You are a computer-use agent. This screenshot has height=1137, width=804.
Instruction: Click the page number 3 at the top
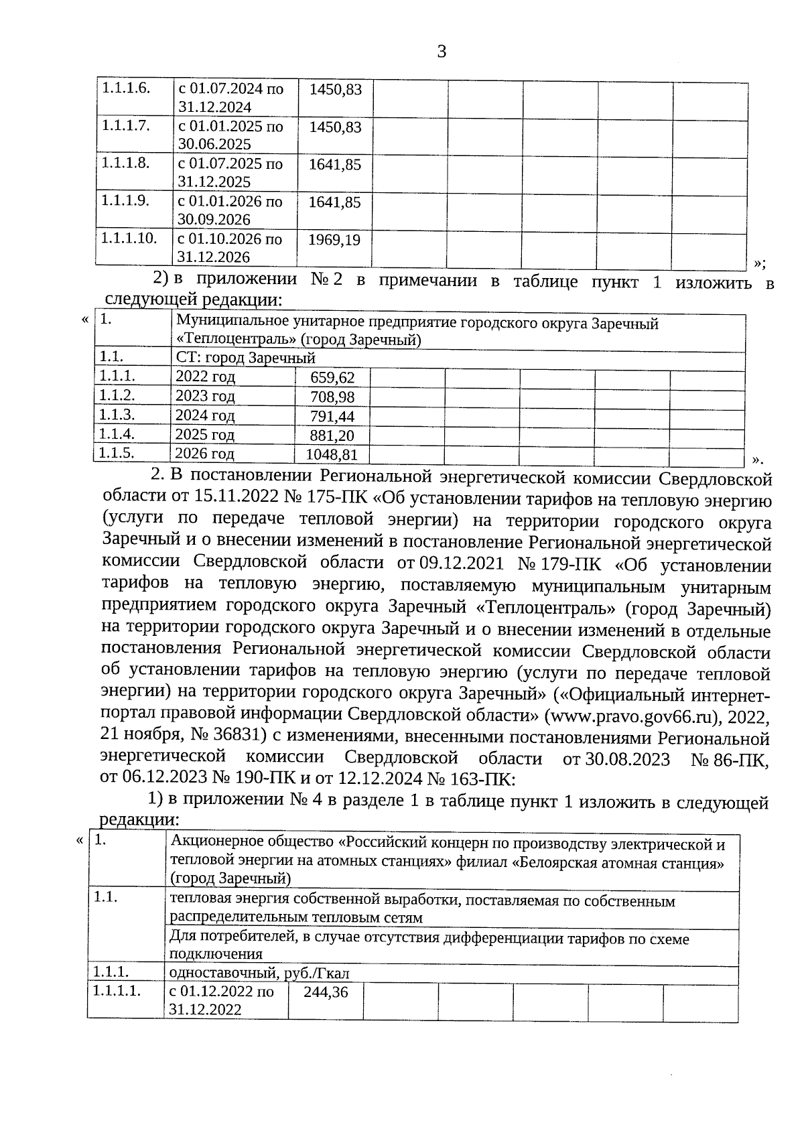point(441,52)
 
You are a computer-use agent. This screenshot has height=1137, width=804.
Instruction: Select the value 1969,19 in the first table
point(334,240)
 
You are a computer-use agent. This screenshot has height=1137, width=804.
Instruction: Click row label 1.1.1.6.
point(125,88)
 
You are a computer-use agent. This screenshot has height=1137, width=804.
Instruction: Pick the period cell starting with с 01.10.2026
point(229,248)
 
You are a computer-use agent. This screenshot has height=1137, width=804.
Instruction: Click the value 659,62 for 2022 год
point(332,378)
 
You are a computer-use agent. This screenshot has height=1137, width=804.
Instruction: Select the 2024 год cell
point(205,416)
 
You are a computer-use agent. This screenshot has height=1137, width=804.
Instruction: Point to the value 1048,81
point(328,456)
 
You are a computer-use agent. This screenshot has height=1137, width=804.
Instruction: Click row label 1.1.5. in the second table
point(117,452)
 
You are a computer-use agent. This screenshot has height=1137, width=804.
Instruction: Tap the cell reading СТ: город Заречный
point(245,358)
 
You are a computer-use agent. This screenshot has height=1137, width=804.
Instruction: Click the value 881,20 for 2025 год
point(332,436)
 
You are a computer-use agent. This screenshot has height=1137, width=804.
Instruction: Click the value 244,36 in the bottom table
point(326,992)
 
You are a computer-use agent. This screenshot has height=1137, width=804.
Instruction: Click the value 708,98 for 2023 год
point(332,397)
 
